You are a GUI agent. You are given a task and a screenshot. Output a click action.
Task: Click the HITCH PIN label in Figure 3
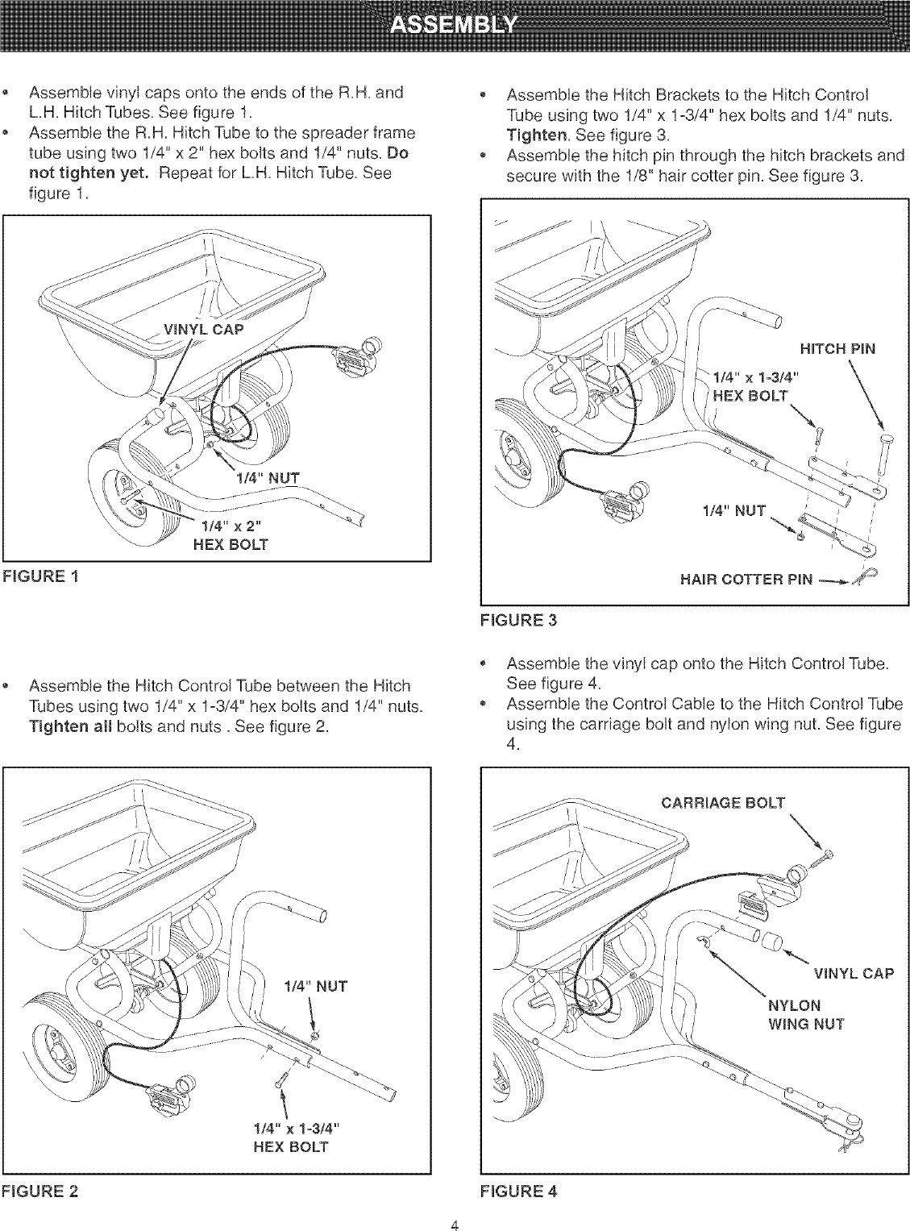pos(837,349)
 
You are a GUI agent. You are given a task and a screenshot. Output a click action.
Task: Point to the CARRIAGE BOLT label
pos(721,801)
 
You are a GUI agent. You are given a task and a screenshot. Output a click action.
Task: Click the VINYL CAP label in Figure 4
pos(854,973)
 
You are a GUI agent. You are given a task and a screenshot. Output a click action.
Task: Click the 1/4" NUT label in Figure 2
pos(316,986)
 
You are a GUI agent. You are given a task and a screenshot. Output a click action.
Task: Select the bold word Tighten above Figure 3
pos(538,134)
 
